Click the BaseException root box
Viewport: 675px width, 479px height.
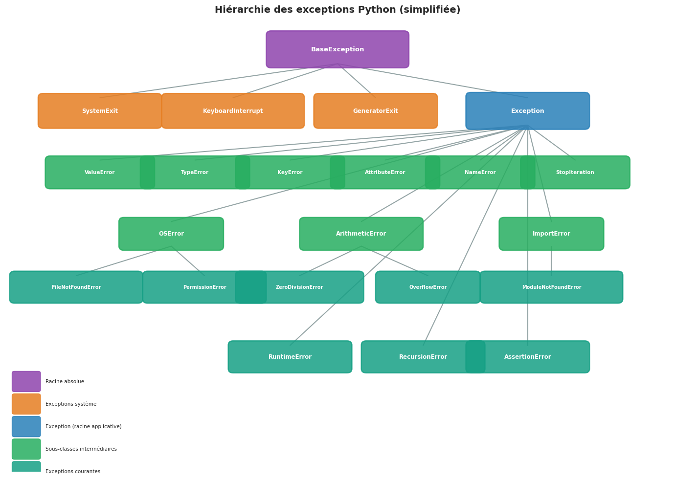coord(337,49)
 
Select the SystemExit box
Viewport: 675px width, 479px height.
coord(100,111)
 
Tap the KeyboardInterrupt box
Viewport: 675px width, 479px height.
coord(233,111)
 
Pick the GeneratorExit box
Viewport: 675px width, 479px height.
coord(375,111)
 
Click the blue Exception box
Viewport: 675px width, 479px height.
coord(527,111)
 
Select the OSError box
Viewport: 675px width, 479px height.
coord(171,234)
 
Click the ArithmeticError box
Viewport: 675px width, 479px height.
coord(361,234)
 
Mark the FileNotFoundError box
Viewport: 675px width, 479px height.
coord(76,287)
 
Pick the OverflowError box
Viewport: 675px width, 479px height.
coord(427,287)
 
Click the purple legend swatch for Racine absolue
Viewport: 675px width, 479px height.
coord(26,382)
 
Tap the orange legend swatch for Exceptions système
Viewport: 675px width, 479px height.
coord(26,404)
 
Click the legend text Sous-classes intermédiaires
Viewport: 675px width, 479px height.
coord(81,449)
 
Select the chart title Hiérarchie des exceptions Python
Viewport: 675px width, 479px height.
coord(337,10)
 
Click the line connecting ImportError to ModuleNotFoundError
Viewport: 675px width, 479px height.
coord(551,261)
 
